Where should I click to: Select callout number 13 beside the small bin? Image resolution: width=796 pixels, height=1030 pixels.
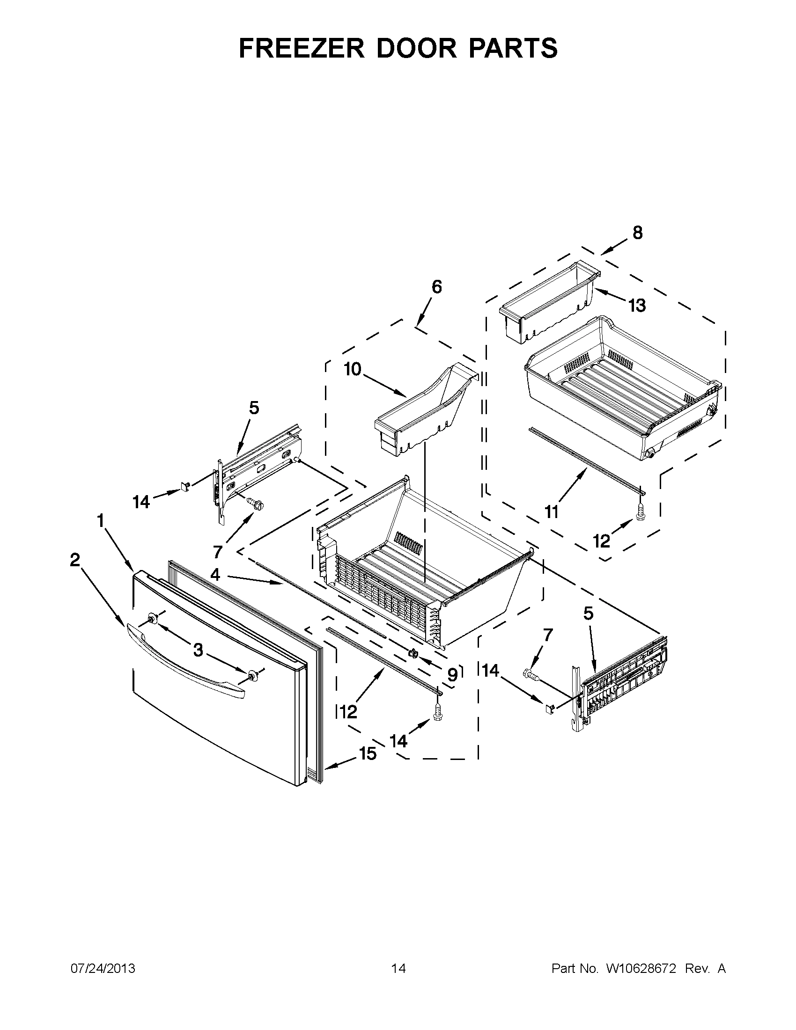click(x=637, y=306)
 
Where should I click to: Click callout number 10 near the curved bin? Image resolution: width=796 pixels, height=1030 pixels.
click(x=352, y=369)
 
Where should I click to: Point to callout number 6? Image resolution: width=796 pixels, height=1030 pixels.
click(x=437, y=286)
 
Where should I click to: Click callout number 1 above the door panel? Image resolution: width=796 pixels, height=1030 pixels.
click(x=101, y=521)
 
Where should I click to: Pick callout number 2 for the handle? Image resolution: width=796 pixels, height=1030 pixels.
click(x=74, y=560)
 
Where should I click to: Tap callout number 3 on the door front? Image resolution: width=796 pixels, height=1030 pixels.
click(x=198, y=650)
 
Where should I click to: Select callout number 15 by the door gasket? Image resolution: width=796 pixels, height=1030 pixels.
click(x=368, y=753)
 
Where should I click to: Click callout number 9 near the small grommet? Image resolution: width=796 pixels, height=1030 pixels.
click(x=452, y=675)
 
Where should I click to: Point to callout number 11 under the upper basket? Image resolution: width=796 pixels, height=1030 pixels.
click(x=552, y=511)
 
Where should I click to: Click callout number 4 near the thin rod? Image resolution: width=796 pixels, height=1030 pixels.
click(x=215, y=574)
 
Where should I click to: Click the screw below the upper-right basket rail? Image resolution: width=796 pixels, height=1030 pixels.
click(x=640, y=511)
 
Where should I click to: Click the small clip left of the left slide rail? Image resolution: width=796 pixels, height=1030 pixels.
click(x=185, y=486)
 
